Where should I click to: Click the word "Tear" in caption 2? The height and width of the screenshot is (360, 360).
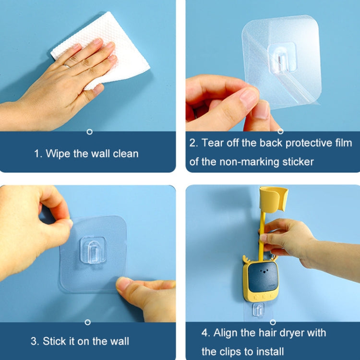coord(212,143)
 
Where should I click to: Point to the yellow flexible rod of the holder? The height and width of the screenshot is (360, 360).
coord(263,240)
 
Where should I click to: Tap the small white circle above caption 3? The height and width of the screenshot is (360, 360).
coord(87,322)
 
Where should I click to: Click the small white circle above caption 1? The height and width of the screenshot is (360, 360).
coord(89,132)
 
